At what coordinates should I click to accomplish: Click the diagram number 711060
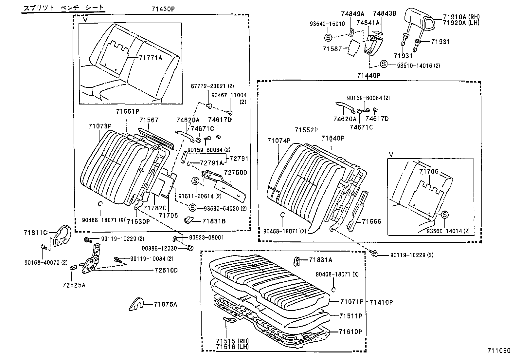coord(498,351)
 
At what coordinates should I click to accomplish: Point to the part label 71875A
coord(165,304)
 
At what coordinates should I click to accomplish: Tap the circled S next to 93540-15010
coord(328,37)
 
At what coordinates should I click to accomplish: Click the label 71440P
coord(368,75)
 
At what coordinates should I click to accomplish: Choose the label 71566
coord(371,222)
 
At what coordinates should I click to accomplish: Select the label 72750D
coord(236,172)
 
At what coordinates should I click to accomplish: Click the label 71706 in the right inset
coord(429,171)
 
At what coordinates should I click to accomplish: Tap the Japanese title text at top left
coord(64,7)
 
